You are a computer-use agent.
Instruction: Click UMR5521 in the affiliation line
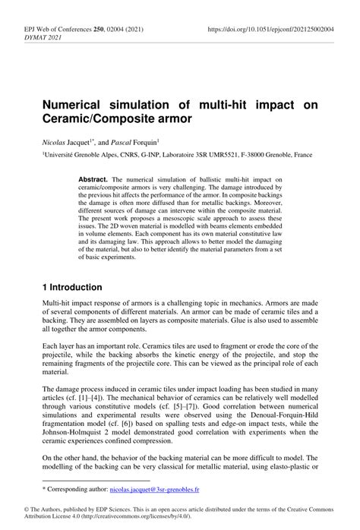(210, 153)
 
